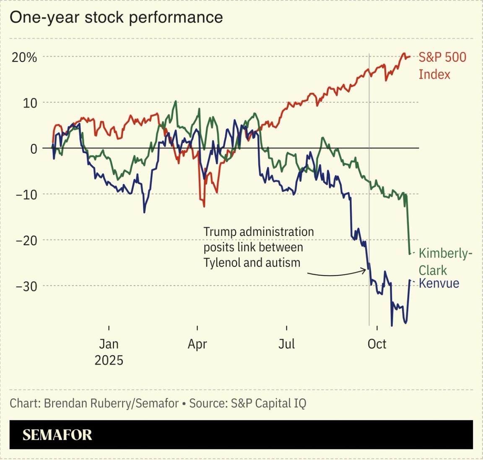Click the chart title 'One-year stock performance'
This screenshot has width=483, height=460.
[x=116, y=18]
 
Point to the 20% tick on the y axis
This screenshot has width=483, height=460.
[x=24, y=57]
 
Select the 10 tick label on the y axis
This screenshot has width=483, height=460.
[x=30, y=103]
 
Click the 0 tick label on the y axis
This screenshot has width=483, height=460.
[x=34, y=149]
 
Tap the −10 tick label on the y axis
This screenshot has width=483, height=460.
[x=26, y=195]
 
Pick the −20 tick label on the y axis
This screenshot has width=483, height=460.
[x=26, y=240]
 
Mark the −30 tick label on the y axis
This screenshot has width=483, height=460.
[x=26, y=286]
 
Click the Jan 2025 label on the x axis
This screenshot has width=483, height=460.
[x=109, y=352]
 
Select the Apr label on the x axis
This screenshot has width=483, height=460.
[x=197, y=344]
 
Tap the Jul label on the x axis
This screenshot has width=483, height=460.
[x=287, y=344]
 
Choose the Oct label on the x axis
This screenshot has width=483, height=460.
[x=377, y=344]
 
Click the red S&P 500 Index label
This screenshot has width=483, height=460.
[x=442, y=65]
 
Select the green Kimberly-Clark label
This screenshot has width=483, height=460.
[x=445, y=261]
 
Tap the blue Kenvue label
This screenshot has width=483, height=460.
[x=439, y=283]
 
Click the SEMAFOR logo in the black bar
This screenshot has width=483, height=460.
[x=57, y=435]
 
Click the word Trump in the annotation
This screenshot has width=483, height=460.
[x=220, y=232]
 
